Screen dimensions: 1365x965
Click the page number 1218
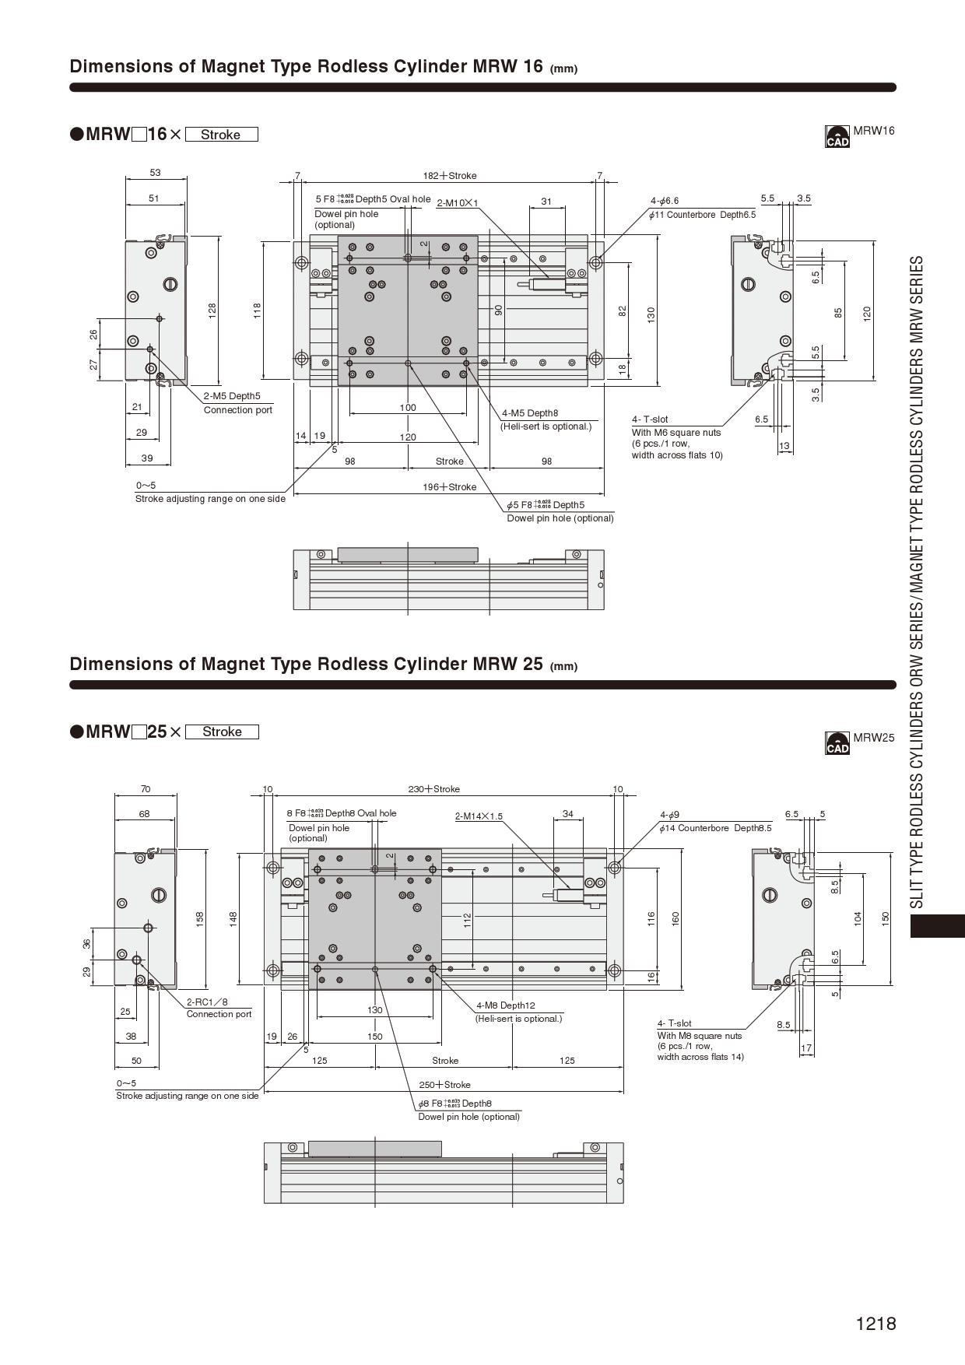876,1324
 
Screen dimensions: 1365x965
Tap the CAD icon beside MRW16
837,136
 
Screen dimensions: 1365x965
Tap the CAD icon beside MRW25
837,743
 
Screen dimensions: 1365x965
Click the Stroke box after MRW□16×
221,135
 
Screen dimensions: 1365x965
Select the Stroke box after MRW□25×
222,732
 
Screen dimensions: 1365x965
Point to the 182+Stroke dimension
449,176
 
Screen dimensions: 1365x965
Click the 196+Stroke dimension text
449,487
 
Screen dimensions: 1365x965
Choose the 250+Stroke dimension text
444,1085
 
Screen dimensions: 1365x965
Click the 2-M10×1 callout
457,203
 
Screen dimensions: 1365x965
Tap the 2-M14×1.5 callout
479,816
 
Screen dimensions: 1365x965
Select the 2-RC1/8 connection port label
207,1002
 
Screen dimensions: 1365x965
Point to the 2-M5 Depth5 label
232,396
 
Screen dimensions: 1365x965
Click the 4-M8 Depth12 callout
505,1005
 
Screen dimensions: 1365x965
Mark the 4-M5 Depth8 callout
529,413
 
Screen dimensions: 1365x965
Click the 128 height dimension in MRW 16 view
212,311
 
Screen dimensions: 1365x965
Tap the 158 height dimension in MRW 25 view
199,919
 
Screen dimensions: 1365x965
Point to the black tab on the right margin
937,926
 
